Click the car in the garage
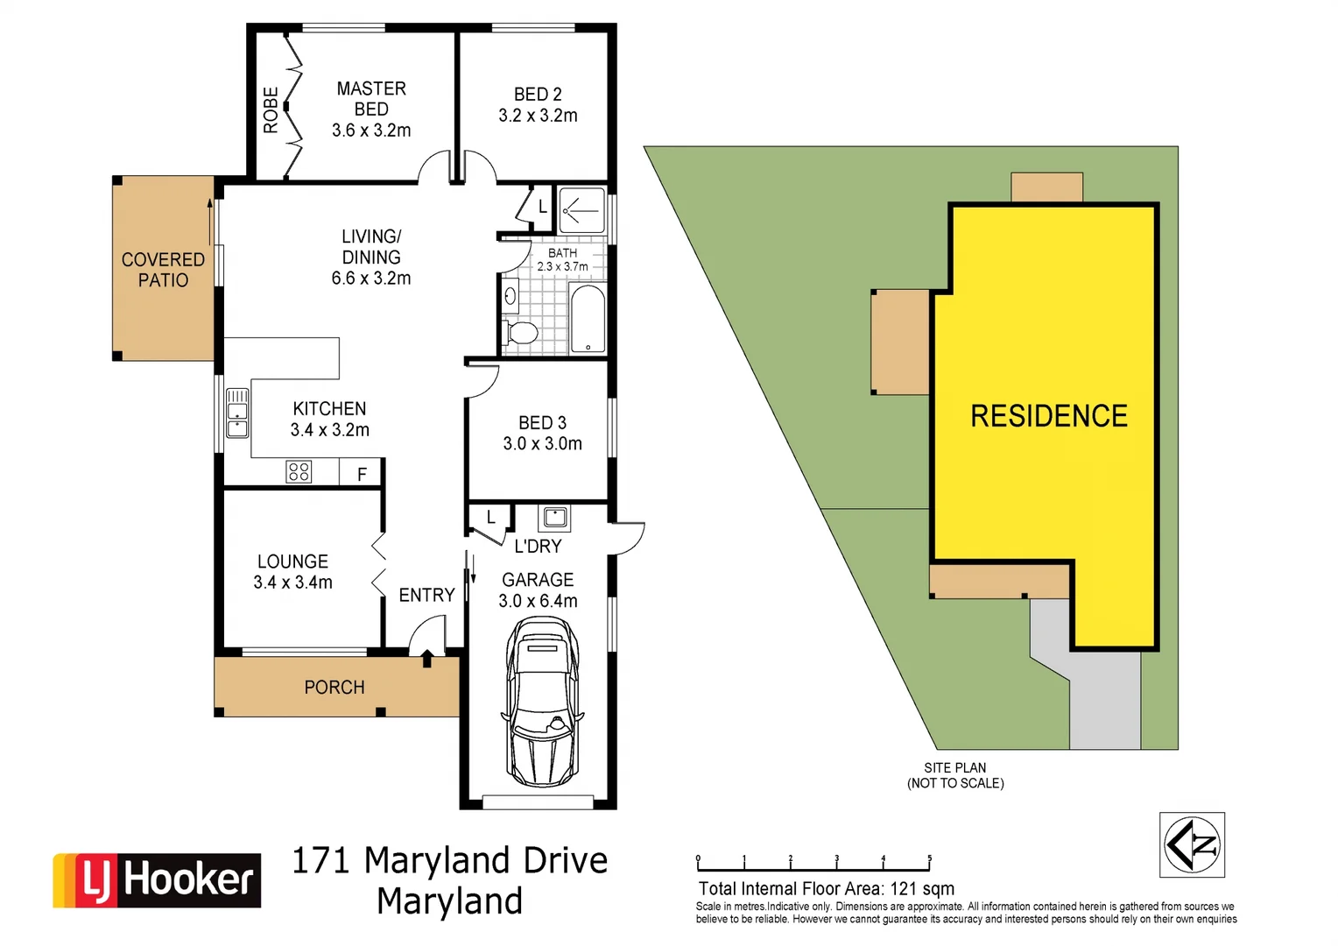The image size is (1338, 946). tap(542, 701)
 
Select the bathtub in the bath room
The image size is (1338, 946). tap(588, 318)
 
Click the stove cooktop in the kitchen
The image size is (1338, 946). tap(299, 472)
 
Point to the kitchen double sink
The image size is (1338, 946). tap(237, 413)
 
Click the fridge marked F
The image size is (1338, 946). tap(362, 474)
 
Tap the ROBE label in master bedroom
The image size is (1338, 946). tap(271, 109)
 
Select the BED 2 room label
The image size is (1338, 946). tap(538, 95)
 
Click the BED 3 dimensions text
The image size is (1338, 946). tap(542, 444)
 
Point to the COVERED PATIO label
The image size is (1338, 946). tap(163, 270)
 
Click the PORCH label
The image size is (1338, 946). tap(334, 688)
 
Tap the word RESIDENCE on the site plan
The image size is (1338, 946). tap(1049, 416)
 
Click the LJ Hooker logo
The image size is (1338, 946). tap(158, 879)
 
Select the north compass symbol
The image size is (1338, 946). tap(1192, 845)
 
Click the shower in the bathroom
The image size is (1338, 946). tap(581, 210)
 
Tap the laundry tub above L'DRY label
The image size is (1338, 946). tap(554, 518)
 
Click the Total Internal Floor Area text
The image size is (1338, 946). tap(826, 888)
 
